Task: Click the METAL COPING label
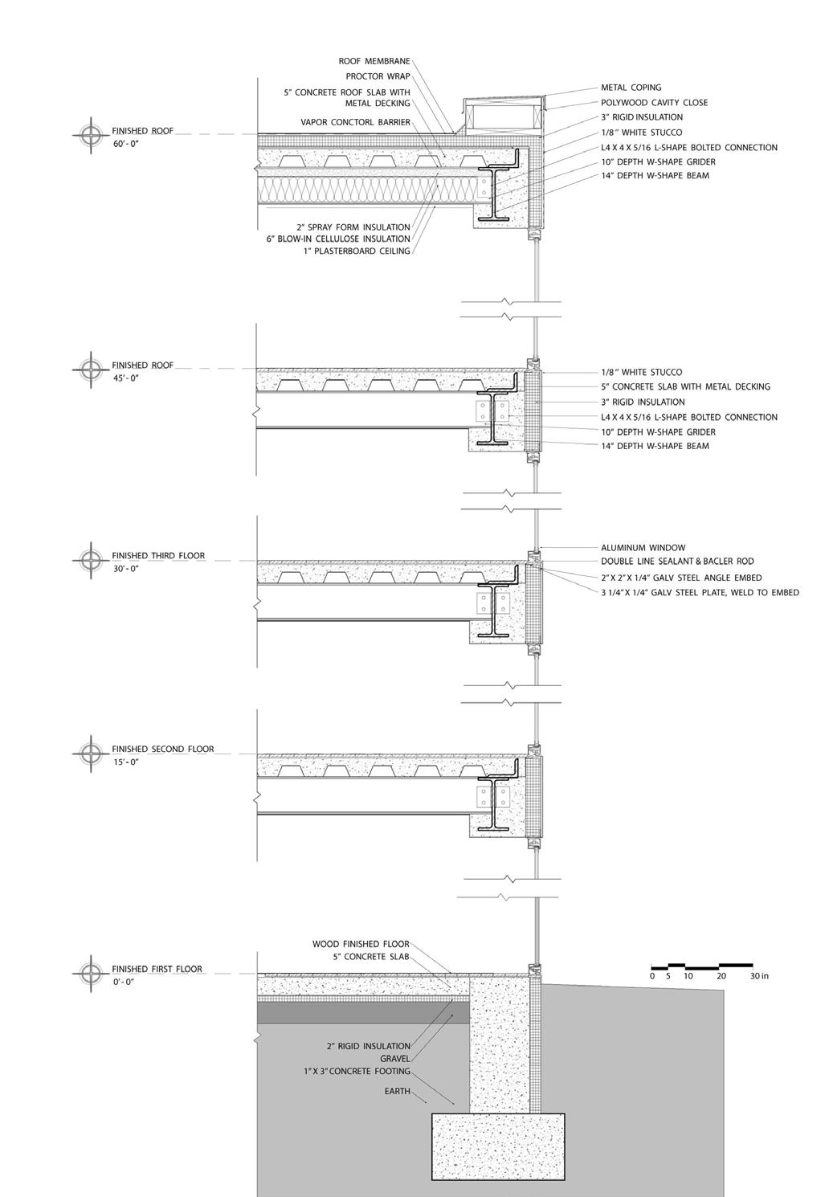[631, 88]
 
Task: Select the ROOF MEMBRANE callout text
[374, 61]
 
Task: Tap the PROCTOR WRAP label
[378, 76]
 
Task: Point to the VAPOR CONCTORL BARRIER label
[355, 122]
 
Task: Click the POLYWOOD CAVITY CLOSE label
[654, 103]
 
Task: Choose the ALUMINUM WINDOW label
[643, 548]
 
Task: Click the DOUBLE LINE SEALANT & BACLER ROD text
[677, 562]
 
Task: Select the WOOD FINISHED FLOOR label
[361, 945]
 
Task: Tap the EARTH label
[397, 1091]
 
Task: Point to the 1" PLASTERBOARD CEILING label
[357, 251]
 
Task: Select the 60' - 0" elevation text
[125, 144]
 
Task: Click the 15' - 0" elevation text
[125, 762]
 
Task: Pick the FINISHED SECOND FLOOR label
[162, 749]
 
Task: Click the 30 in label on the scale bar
[758, 976]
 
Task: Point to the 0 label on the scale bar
[652, 976]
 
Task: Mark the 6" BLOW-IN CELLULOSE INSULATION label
[338, 239]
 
